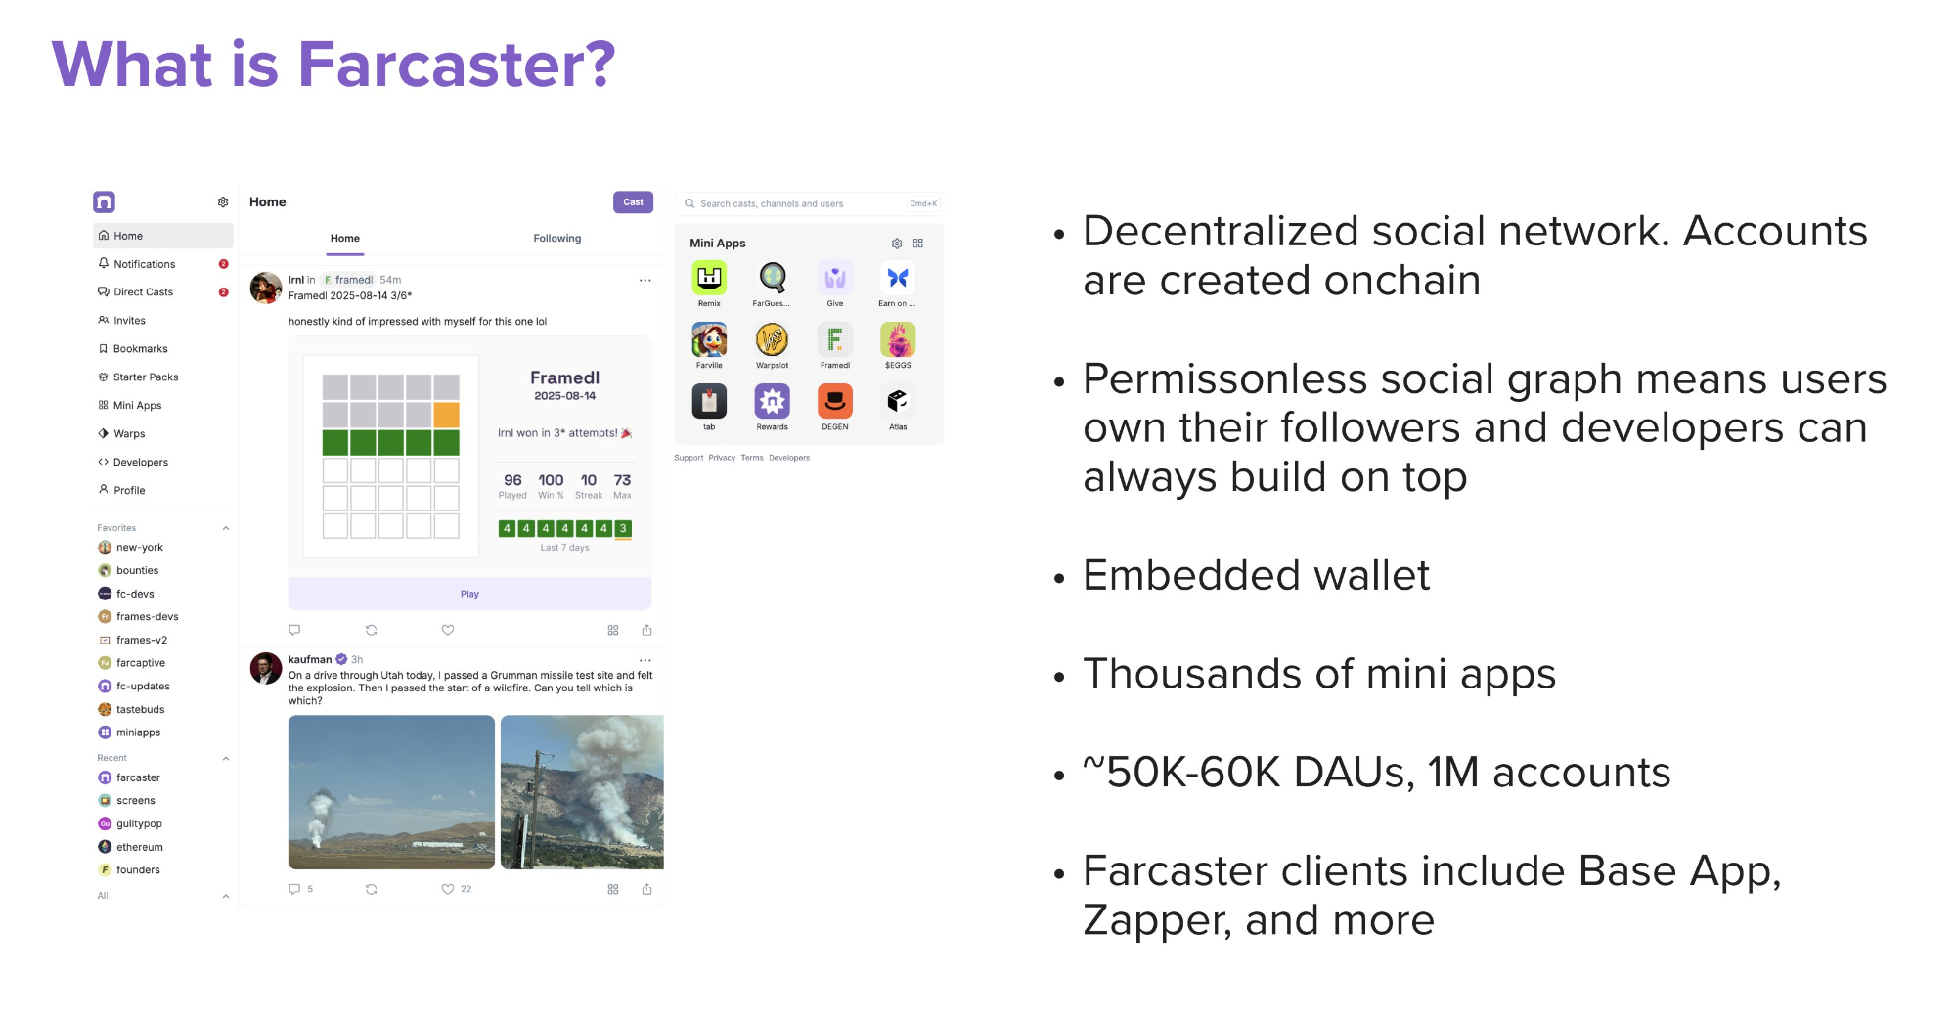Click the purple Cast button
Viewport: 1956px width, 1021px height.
pyautogui.click(x=633, y=202)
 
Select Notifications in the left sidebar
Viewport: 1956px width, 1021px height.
pyautogui.click(x=144, y=264)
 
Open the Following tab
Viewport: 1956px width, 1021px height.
pyautogui.click(x=556, y=239)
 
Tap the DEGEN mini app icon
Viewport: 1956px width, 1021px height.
pyautogui.click(x=835, y=401)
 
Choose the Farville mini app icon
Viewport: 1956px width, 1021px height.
pyautogui.click(x=709, y=339)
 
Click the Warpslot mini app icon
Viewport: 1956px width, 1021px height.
pyautogui.click(x=772, y=339)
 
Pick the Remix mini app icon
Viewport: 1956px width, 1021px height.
pyautogui.click(x=709, y=278)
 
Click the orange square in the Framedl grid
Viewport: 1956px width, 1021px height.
pyautogui.click(x=446, y=415)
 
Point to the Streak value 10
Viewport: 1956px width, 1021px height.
pyautogui.click(x=589, y=480)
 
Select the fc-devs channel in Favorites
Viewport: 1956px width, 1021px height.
pyautogui.click(x=135, y=594)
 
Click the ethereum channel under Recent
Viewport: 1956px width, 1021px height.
pyautogui.click(x=140, y=847)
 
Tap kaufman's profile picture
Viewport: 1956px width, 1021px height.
pyautogui.click(x=266, y=668)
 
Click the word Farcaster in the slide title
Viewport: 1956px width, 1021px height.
pyautogui.click(x=457, y=65)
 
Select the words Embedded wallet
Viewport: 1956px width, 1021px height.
pyautogui.click(x=1256, y=575)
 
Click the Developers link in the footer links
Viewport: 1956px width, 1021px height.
pyautogui.click(x=789, y=458)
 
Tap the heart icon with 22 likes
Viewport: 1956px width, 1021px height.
pyautogui.click(x=448, y=889)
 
